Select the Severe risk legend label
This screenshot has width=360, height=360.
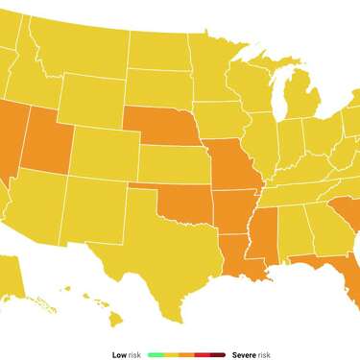pos(251,354)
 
